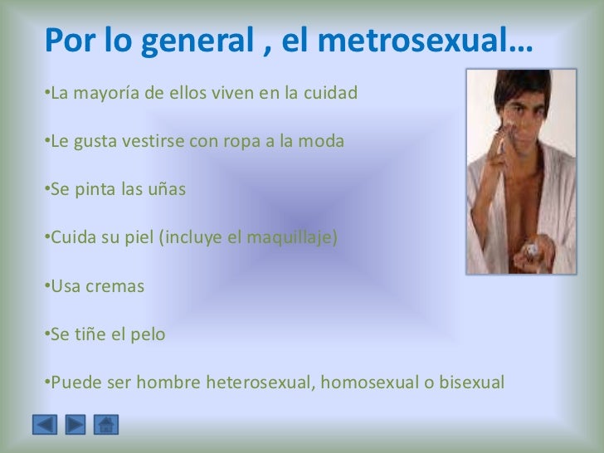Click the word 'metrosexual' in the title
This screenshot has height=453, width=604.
[x=433, y=40]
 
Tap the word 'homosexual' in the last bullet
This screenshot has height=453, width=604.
[x=364, y=383]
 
